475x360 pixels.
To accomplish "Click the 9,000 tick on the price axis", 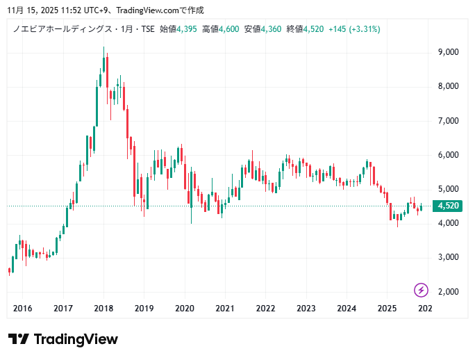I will pos(447,52).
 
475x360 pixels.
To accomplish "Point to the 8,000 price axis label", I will pos(447,86).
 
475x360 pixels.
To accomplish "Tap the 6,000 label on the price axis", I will pos(447,154).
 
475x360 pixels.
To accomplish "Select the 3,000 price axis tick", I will pos(447,257).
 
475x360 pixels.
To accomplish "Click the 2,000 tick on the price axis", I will pos(447,291).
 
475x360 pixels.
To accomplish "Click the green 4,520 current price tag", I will pos(447,206).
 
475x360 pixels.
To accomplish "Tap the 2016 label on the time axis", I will pos(23,309).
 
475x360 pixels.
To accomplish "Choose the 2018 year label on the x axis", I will pos(103,309).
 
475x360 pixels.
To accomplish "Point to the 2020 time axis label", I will pos(184,309).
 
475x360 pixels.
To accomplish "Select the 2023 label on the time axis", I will pos(306,309).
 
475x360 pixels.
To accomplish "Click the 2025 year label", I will pos(387,309).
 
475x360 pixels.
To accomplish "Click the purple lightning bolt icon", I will pos(421,290).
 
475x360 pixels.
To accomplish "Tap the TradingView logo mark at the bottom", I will pos(19,339).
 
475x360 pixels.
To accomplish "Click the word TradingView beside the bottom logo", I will pos(76,339).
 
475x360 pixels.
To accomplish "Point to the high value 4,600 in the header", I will pos(229,29).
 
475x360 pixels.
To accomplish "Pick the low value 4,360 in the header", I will pos(271,29).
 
